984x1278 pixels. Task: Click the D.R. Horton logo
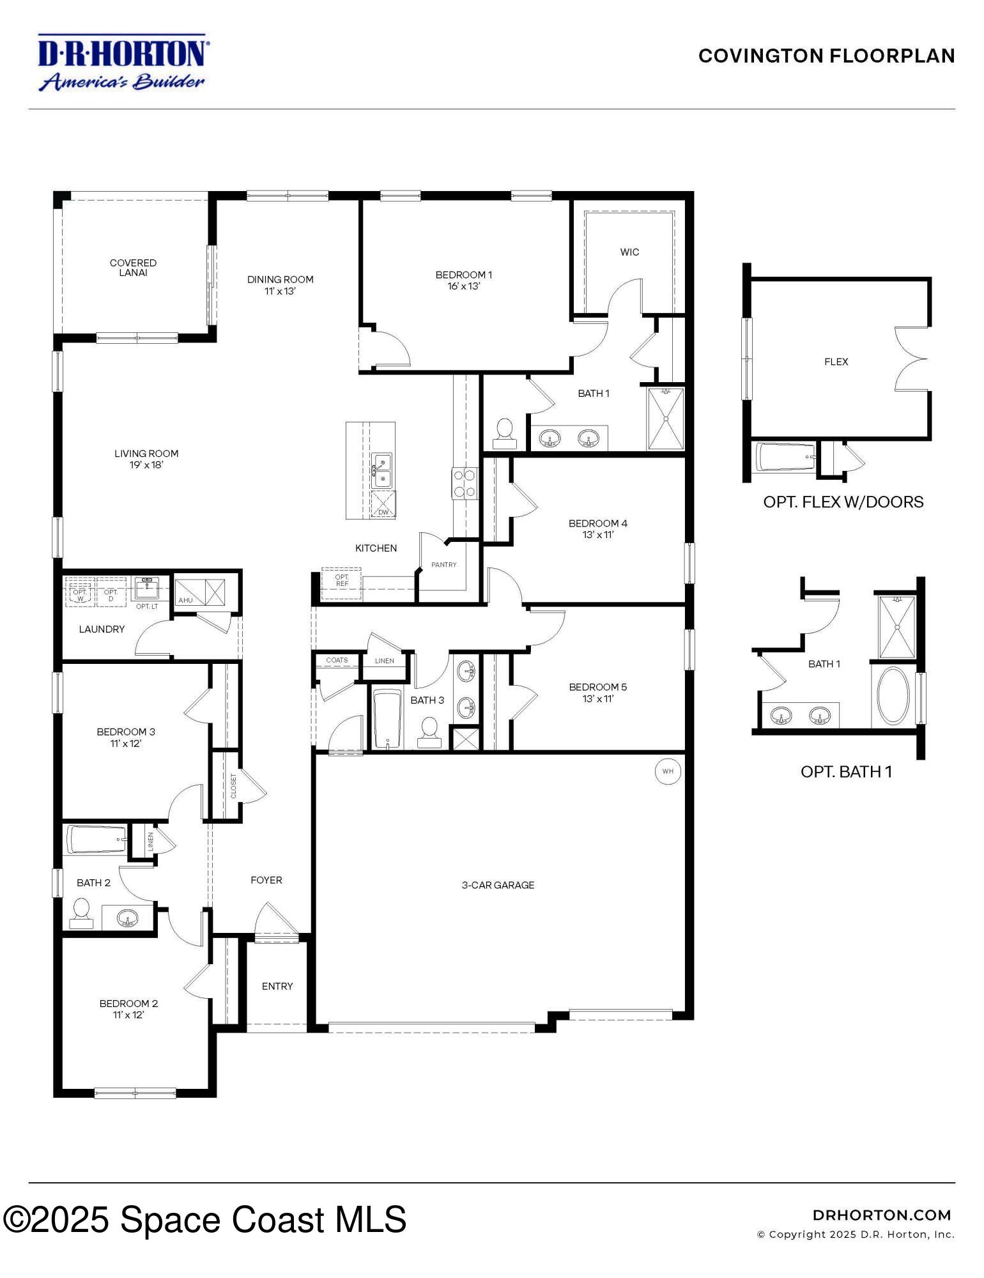pyautogui.click(x=121, y=63)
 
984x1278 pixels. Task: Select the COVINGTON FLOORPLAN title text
pyautogui.click(x=826, y=56)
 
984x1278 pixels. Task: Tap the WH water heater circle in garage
pyautogui.click(x=668, y=771)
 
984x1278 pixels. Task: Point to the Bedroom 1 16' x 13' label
pyautogui.click(x=463, y=281)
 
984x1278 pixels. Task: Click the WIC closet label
pyautogui.click(x=629, y=252)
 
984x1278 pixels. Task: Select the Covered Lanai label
pyautogui.click(x=133, y=268)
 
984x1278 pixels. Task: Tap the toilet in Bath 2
pyautogui.click(x=81, y=913)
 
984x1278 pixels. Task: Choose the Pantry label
pyautogui.click(x=443, y=565)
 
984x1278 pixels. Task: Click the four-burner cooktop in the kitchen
pyautogui.click(x=465, y=483)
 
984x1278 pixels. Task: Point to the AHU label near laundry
pyautogui.click(x=185, y=601)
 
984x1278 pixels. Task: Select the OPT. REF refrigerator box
pyautogui.click(x=342, y=580)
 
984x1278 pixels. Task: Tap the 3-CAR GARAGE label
pyautogui.click(x=498, y=885)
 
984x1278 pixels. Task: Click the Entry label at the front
pyautogui.click(x=277, y=986)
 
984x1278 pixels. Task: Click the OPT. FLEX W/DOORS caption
pyautogui.click(x=843, y=502)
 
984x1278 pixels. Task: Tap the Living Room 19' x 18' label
pyautogui.click(x=146, y=459)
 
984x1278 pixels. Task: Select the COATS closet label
pyautogui.click(x=337, y=660)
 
